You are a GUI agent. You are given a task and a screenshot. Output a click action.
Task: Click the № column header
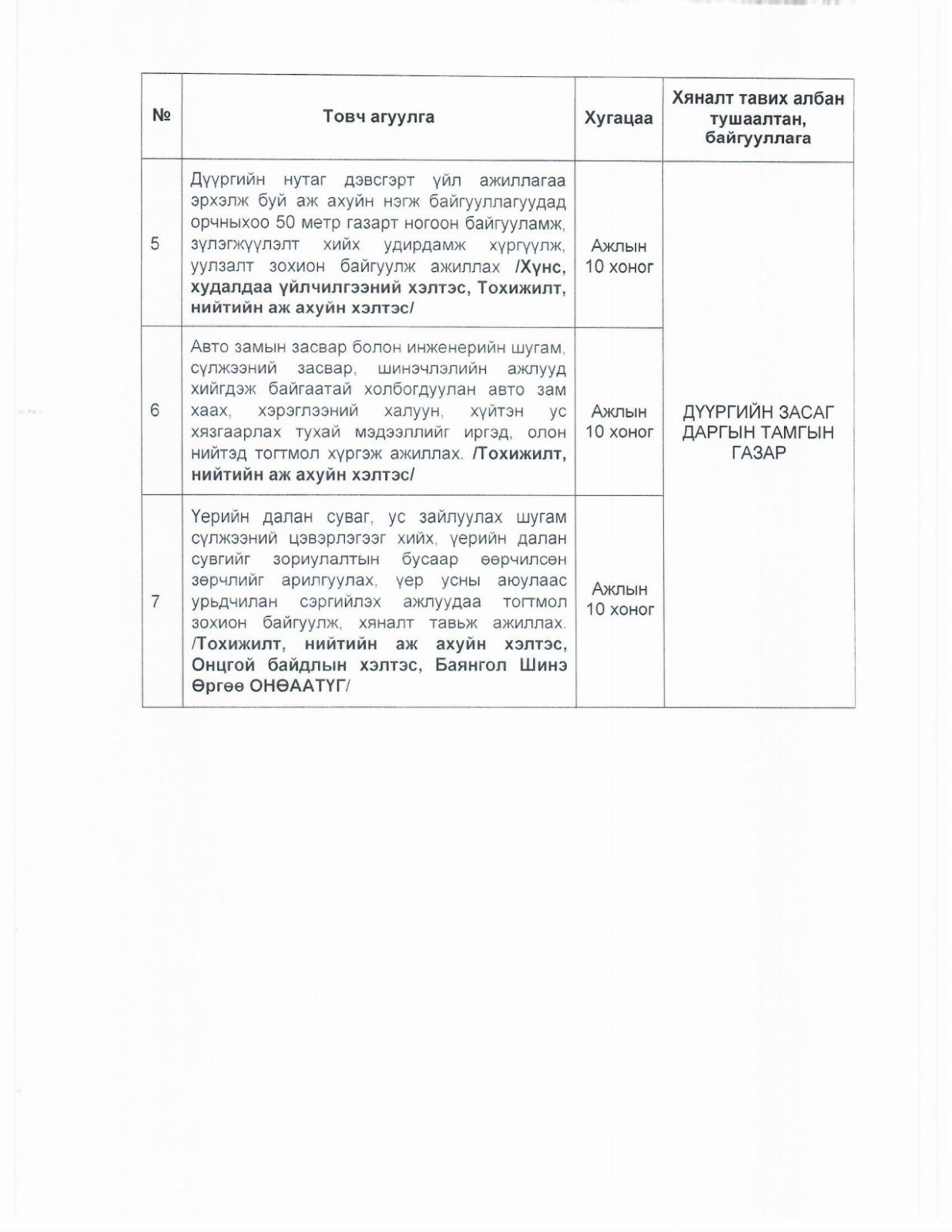(x=161, y=115)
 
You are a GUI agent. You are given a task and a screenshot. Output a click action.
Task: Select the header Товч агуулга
(x=378, y=117)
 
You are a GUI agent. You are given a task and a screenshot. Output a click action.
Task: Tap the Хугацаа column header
(x=618, y=118)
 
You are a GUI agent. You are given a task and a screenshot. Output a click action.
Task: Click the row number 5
(x=156, y=244)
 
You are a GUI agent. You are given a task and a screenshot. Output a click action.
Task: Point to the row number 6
(x=156, y=410)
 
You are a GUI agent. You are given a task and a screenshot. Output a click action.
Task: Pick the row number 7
(x=156, y=601)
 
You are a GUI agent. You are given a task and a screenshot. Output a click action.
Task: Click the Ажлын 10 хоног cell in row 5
(x=619, y=256)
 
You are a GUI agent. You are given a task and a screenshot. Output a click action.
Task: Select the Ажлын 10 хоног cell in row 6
(x=619, y=421)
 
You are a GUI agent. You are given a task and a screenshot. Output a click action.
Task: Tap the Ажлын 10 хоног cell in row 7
(x=619, y=599)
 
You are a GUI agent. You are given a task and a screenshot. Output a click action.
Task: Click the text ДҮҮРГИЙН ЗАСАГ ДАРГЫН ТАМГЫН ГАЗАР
(x=758, y=432)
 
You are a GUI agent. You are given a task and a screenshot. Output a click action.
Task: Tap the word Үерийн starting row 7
(x=216, y=517)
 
